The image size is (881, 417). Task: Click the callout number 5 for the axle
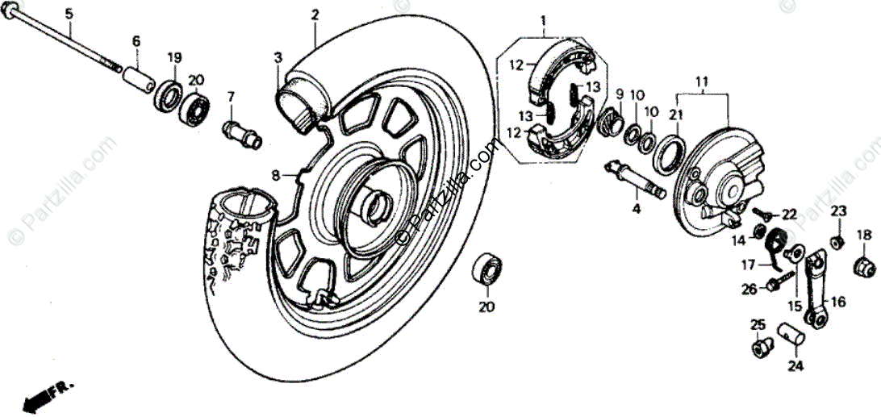point(68,14)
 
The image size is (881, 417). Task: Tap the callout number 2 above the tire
point(315,14)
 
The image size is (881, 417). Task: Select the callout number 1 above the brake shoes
point(543,19)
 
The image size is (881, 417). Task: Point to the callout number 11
point(702,81)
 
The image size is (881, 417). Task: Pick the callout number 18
point(864,235)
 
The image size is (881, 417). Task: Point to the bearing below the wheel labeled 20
point(486,269)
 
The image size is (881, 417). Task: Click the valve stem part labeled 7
point(240,131)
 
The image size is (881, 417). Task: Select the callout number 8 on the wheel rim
point(274,174)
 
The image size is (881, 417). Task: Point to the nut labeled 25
point(758,348)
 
